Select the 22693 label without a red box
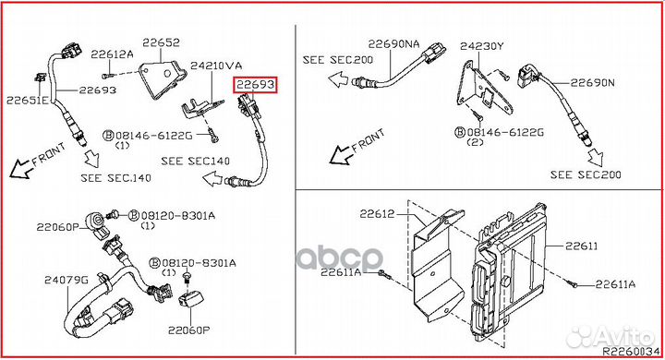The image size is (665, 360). pos(97,90)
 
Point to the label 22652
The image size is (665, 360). pos(161,42)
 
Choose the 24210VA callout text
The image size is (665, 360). pos(215,66)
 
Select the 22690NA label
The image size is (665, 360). pos(393,43)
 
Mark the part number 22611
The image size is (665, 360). pos(582,246)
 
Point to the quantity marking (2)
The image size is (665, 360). pos(476,144)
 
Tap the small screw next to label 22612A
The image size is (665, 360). pos(106,73)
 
